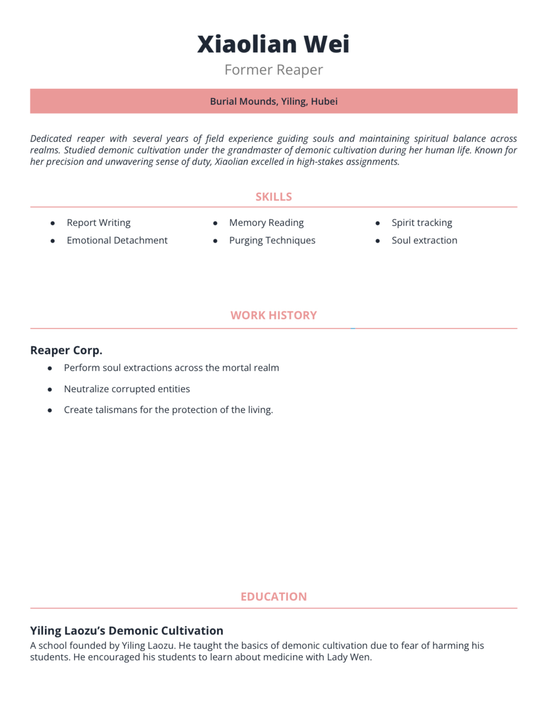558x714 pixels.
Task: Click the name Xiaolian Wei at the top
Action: click(273, 44)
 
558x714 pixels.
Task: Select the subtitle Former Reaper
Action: click(273, 70)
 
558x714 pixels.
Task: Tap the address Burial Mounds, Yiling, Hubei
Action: click(273, 101)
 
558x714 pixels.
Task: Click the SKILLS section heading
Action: click(273, 197)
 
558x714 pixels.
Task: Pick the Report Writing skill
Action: click(98, 223)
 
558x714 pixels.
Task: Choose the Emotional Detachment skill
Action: click(117, 240)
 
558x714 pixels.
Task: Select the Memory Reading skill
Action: click(266, 223)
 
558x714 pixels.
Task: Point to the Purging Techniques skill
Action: click(272, 240)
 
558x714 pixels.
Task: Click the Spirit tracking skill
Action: click(421, 223)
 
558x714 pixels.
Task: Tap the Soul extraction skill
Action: click(424, 240)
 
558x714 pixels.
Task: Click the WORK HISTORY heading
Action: click(273, 315)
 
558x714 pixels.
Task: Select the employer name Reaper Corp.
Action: click(66, 350)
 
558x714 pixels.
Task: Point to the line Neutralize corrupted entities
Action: click(127, 389)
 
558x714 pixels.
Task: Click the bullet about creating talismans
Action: click(168, 410)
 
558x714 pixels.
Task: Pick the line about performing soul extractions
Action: click(171, 368)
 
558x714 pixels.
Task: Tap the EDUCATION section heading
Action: click(273, 597)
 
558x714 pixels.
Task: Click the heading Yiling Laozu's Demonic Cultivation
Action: click(127, 630)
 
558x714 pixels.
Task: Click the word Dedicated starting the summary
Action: click(51, 138)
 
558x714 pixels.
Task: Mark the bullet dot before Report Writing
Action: click(53, 223)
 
